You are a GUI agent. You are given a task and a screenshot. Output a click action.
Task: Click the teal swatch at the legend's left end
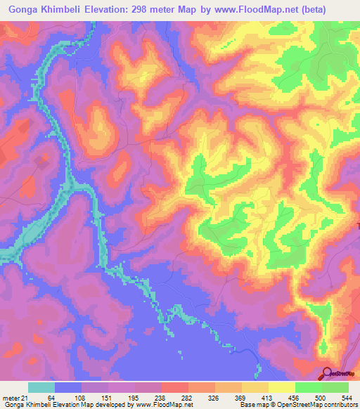point(41,387)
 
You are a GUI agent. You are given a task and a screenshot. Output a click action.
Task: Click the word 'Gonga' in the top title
point(23,10)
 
